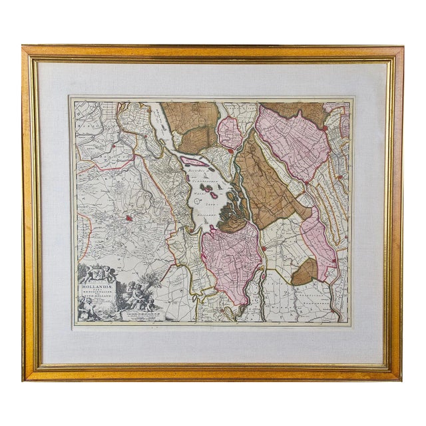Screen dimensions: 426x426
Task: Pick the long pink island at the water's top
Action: pos(194,162)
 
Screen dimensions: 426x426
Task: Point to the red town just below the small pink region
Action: pos(230,151)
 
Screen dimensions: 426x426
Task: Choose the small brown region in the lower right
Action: pos(305,272)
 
